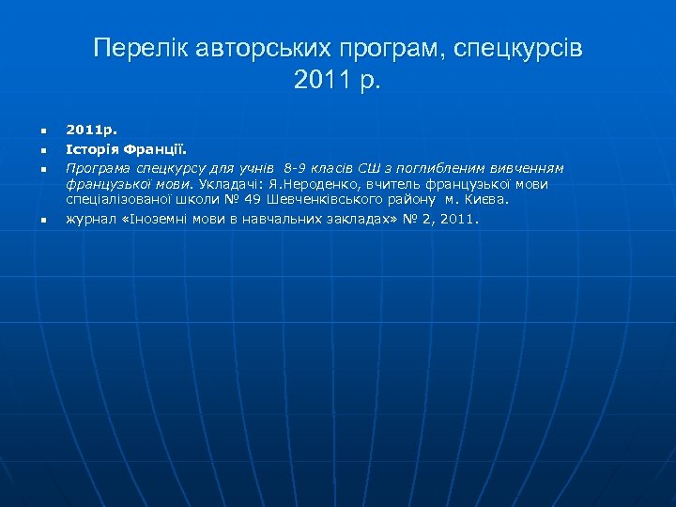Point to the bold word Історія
[x=89, y=148]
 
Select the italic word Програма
[x=96, y=167]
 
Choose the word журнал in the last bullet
[x=88, y=219]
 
